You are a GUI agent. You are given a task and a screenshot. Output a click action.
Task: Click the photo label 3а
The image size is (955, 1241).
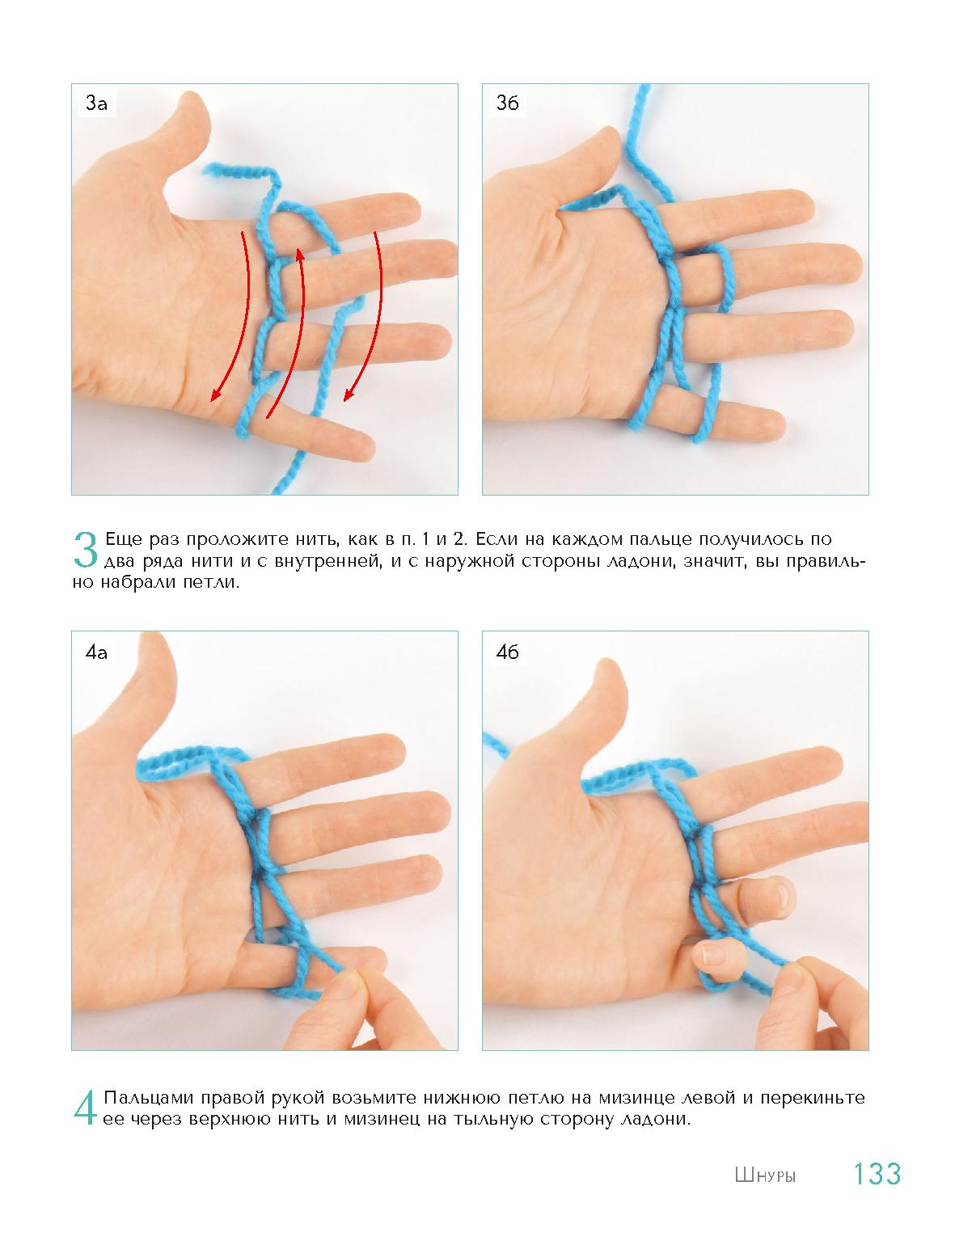pyautogui.click(x=96, y=103)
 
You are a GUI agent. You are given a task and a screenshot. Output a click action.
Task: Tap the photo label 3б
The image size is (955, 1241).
pyautogui.click(x=507, y=103)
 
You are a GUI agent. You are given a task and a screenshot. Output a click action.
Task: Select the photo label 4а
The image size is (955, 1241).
pyautogui.click(x=96, y=652)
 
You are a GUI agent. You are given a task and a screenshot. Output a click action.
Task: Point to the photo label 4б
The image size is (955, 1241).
pyautogui.click(x=507, y=652)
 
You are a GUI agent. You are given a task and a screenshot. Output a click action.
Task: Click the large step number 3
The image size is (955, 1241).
pyautogui.click(x=85, y=550)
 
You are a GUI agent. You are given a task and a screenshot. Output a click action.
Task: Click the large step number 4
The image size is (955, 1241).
pyautogui.click(x=85, y=1108)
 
